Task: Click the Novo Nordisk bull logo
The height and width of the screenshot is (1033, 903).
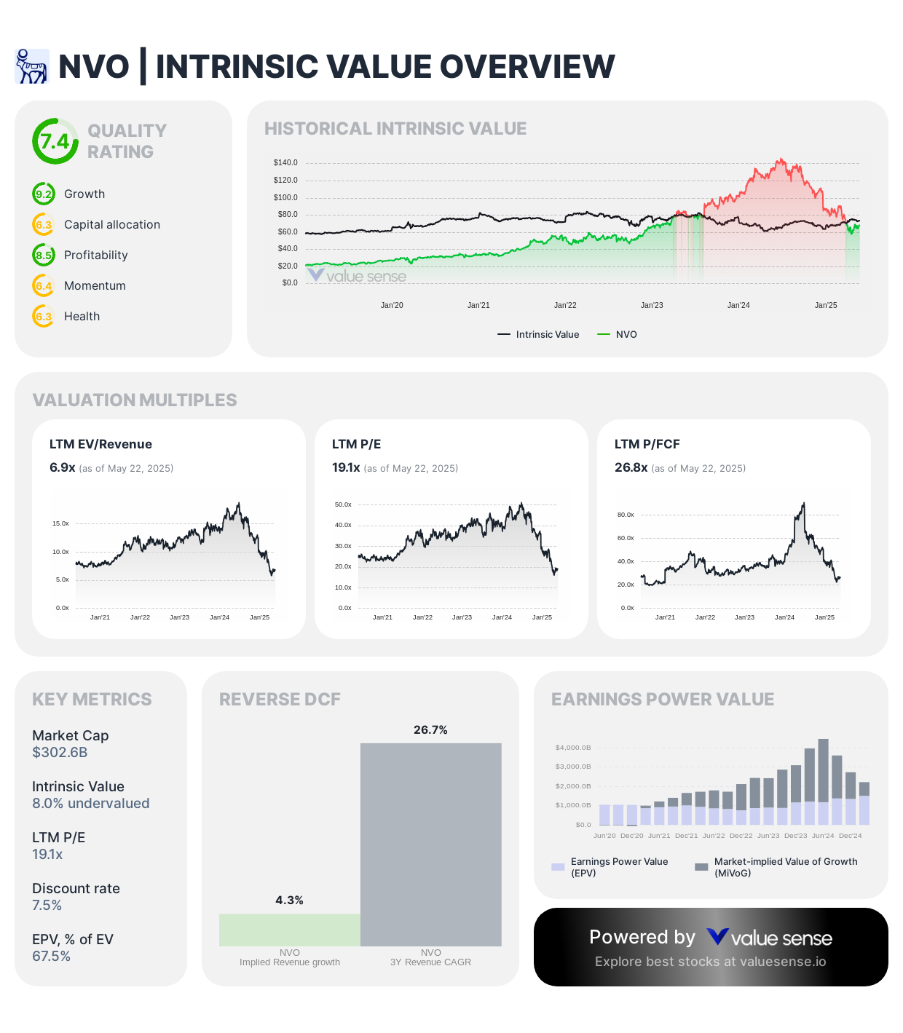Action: coord(31,66)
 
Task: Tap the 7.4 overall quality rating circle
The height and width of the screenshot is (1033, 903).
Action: coord(55,141)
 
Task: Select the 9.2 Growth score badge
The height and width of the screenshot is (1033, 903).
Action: coord(44,194)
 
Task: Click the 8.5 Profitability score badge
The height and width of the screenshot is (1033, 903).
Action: coord(44,256)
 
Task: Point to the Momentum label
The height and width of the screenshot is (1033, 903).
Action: coord(95,286)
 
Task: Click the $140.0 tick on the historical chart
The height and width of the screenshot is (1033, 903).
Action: coord(285,162)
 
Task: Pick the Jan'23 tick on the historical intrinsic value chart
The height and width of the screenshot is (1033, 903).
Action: coord(652,305)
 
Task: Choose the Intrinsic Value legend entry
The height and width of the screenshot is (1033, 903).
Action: coord(539,335)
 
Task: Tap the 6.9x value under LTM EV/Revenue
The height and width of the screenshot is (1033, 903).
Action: coord(63,467)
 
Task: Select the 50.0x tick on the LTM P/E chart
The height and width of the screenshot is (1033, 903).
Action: coord(343,504)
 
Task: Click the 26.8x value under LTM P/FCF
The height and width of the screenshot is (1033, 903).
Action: coord(631,467)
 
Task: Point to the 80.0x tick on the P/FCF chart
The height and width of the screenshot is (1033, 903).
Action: coord(626,515)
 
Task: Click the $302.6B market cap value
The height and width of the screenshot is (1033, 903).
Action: coord(60,753)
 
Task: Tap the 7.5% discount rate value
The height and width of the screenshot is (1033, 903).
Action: coord(47,906)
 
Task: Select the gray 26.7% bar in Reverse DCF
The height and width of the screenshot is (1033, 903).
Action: coord(430,844)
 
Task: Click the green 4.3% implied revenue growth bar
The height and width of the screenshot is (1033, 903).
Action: coord(290,930)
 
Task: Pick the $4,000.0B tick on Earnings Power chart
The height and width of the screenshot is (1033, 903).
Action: coord(573,748)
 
